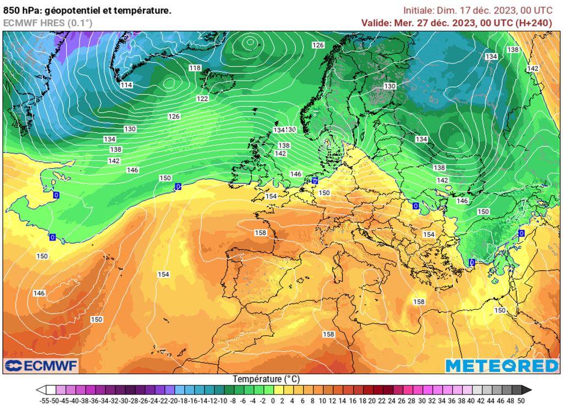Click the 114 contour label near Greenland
pos(126,85)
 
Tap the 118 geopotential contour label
pos(195,68)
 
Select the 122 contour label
pos(202,98)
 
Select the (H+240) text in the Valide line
pos(533,23)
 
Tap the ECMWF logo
pos(42,365)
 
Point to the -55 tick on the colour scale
pos(45,400)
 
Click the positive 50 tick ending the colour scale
pos(520,400)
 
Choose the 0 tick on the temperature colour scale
pos(273,400)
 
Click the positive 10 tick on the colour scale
pos(322,400)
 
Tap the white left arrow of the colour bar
pos(40,390)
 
